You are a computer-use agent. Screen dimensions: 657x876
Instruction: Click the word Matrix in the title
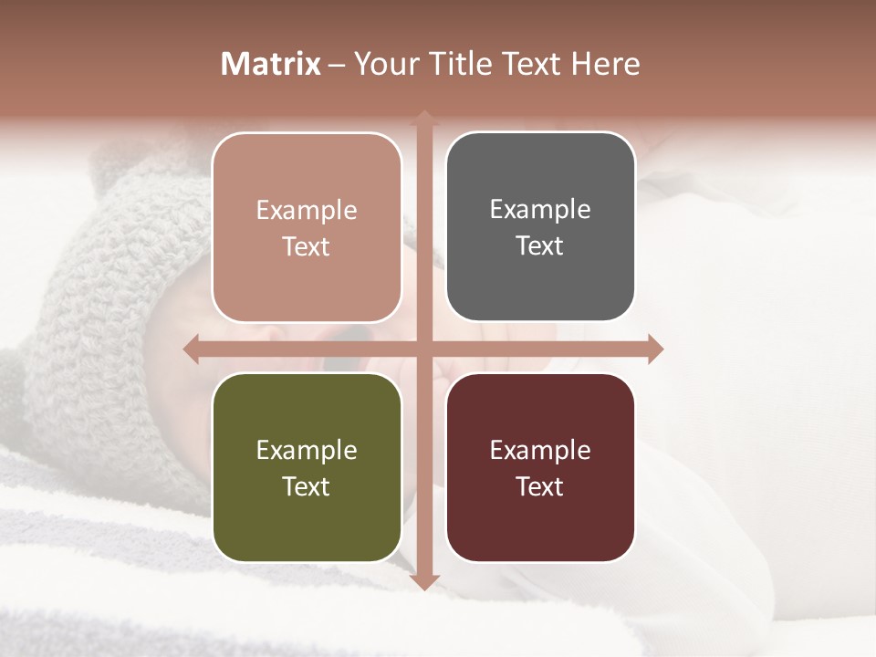pos(271,64)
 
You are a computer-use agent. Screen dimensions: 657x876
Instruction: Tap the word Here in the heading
pos(605,64)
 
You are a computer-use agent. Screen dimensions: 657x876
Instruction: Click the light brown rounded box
pos(307,227)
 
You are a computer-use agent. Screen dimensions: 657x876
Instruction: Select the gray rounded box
pos(540,227)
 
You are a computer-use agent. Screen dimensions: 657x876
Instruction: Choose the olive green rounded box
pos(307,467)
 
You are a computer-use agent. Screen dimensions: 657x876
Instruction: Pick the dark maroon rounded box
pos(540,467)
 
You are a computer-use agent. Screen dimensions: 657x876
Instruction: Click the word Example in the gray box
pos(540,210)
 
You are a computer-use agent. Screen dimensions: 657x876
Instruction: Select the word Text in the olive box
pos(306,486)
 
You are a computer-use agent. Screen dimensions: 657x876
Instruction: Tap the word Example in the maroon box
pos(540,450)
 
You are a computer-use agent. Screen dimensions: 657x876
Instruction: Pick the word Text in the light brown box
pos(306,246)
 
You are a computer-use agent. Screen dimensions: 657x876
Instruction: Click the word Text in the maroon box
pos(539,486)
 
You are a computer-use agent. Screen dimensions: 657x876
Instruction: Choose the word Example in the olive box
pos(307,450)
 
